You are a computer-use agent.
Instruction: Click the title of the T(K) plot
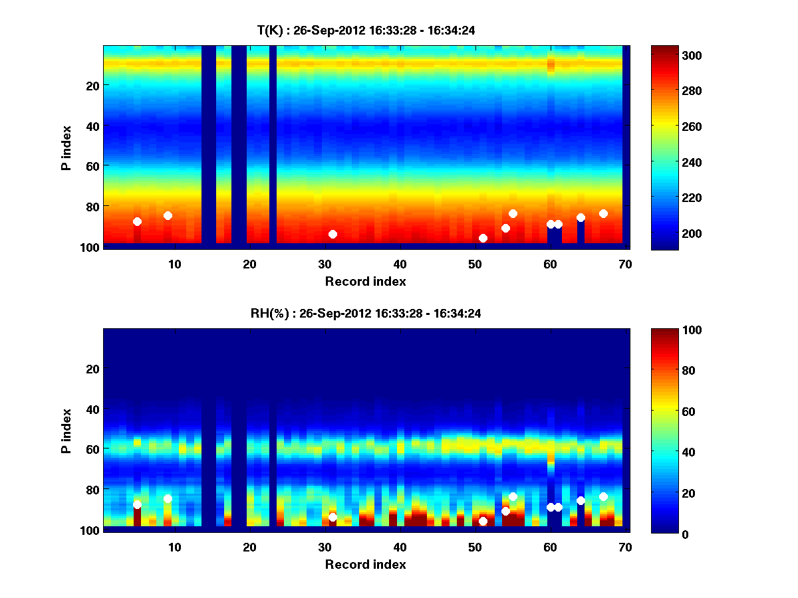point(366,30)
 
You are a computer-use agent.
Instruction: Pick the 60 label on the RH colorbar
point(664,412)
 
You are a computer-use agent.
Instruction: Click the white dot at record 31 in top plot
point(332,234)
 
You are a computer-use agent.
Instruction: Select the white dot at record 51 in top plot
point(483,238)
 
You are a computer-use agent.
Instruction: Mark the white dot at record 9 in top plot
point(168,215)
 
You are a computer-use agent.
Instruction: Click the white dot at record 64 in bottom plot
point(581,500)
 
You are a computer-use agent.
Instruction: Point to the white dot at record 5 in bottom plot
point(137,504)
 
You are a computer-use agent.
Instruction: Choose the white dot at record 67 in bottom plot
point(603,496)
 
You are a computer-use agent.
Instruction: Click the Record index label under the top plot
point(365,282)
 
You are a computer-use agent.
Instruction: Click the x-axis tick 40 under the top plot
point(400,264)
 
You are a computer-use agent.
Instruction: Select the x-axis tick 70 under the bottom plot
point(625,547)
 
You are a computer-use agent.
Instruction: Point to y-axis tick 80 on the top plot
point(92,206)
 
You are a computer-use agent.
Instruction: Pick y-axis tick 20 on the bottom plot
point(92,369)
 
